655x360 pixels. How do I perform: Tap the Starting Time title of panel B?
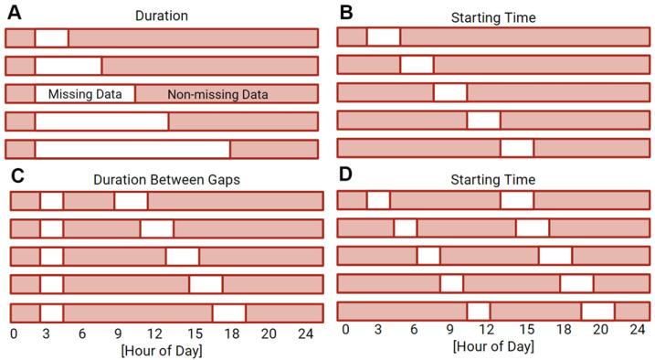(492, 16)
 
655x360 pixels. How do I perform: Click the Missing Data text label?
(85, 93)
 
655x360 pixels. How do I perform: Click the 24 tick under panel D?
(638, 330)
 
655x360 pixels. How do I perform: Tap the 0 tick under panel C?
(13, 334)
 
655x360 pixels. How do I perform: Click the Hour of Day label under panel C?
(161, 350)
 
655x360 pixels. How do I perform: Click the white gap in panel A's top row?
(51, 38)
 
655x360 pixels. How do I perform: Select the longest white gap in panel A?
(132, 150)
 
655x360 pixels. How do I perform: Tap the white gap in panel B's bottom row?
(517, 147)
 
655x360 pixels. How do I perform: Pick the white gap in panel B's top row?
(383, 37)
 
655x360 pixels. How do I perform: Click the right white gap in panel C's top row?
(131, 201)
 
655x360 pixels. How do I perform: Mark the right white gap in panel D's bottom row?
(597, 311)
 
